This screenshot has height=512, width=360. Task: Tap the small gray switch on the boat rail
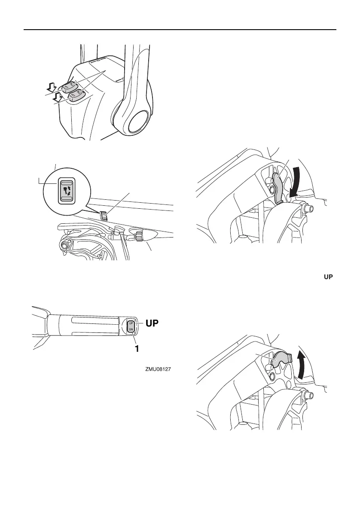coord(103,216)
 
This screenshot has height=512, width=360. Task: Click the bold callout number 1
coord(137,348)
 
